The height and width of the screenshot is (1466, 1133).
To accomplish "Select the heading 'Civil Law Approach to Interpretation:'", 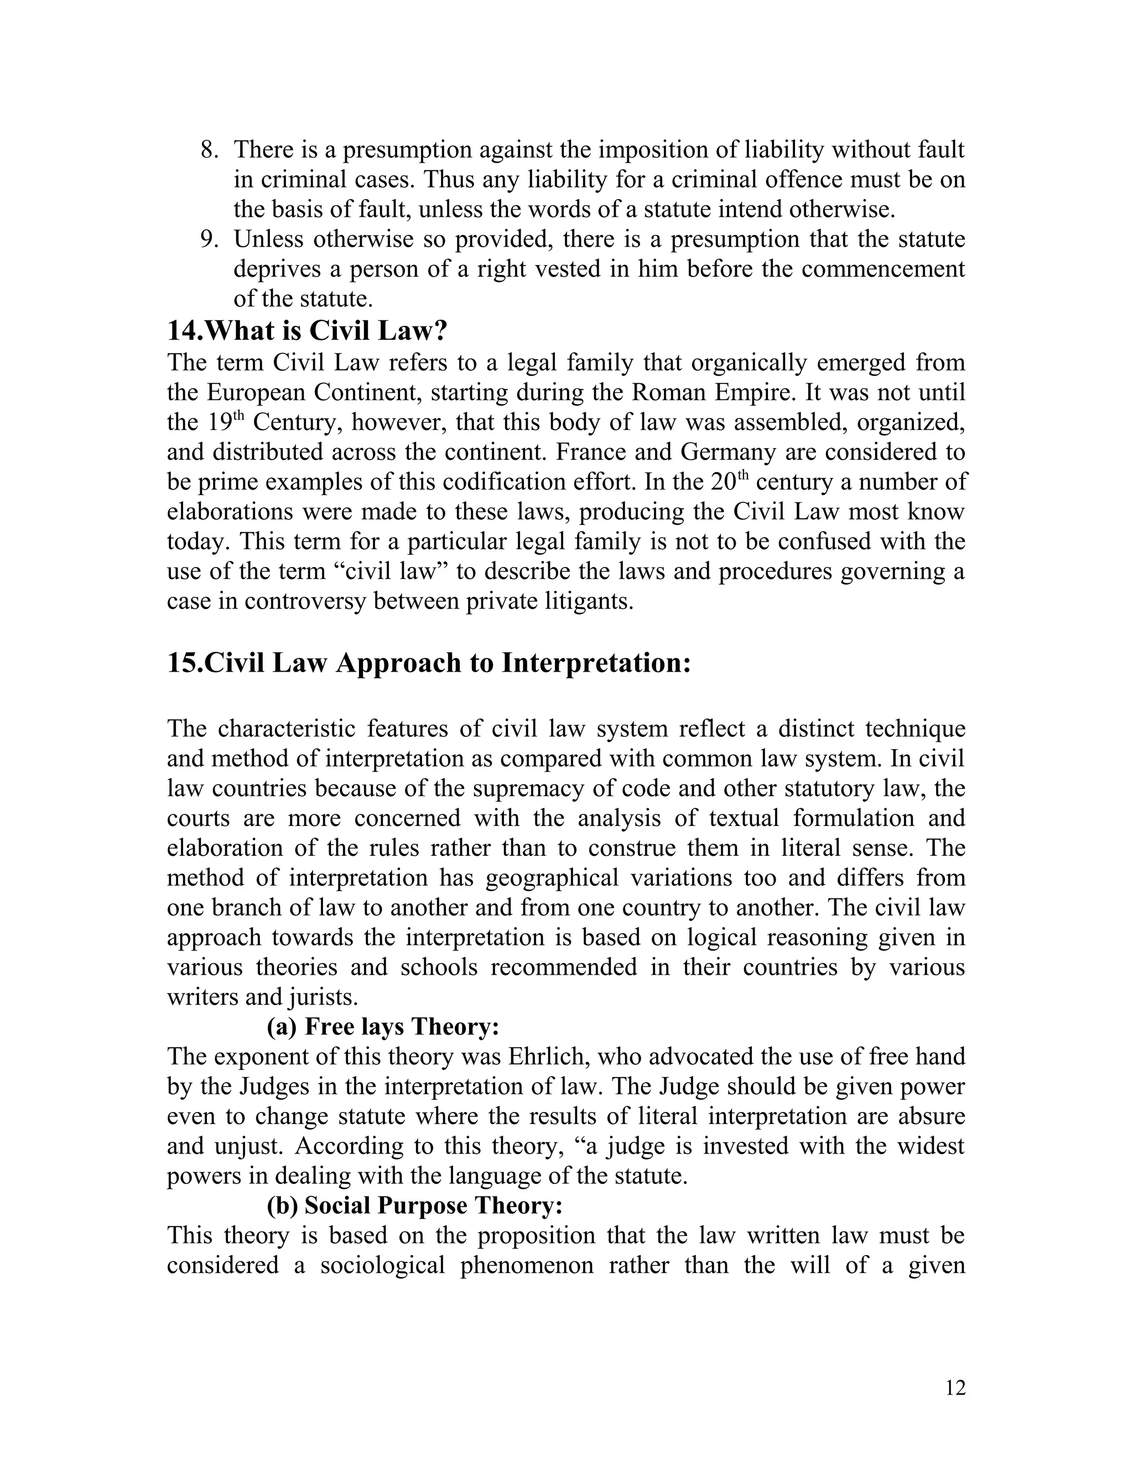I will point(429,663).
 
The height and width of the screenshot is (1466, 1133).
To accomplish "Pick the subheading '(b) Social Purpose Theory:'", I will point(414,1205).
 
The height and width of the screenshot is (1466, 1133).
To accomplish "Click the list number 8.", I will point(210,150).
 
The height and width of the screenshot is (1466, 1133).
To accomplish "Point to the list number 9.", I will point(210,240).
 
